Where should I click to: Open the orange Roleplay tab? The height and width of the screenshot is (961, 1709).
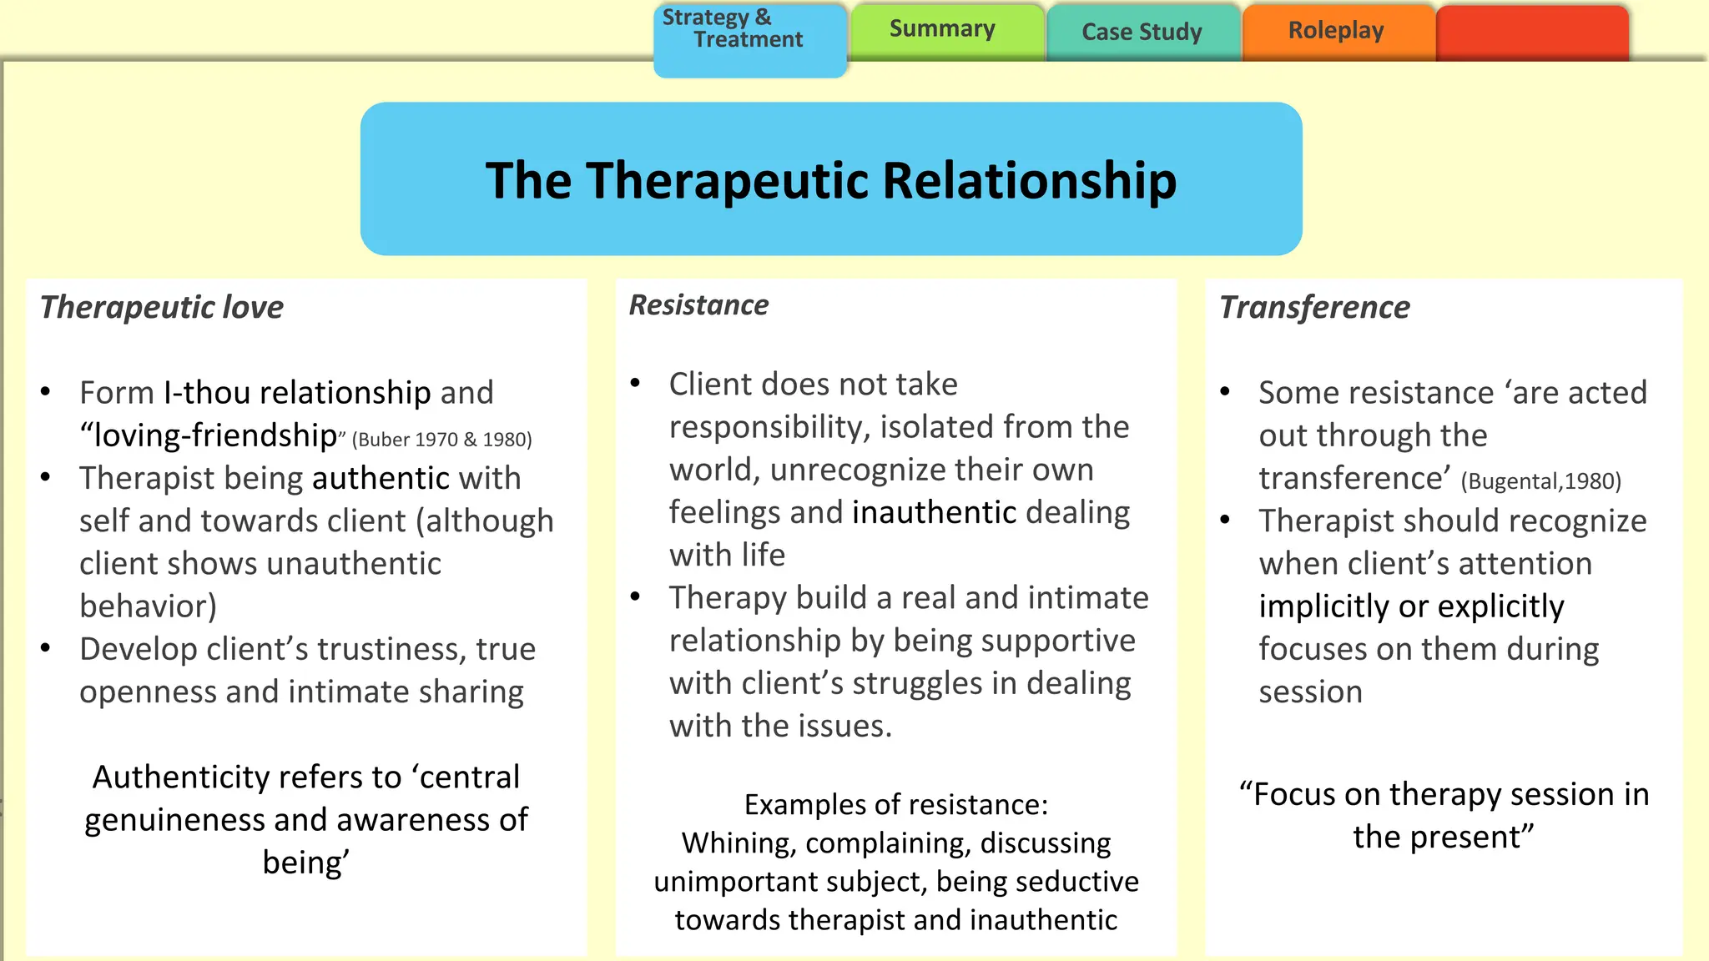pyautogui.click(x=1336, y=32)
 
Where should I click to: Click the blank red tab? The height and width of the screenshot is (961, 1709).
pyautogui.click(x=1532, y=32)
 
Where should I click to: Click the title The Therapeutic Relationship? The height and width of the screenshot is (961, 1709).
pyautogui.click(x=831, y=180)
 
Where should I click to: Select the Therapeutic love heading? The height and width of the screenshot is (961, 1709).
pyautogui.click(x=162, y=308)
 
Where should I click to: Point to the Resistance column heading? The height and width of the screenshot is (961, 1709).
pyautogui.click(x=698, y=305)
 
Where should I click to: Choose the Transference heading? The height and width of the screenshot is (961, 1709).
pyautogui.click(x=1314, y=308)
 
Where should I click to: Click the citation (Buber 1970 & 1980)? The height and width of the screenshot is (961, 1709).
pyautogui.click(x=442, y=440)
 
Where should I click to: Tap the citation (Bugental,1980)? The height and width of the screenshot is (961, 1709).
pyautogui.click(x=1540, y=481)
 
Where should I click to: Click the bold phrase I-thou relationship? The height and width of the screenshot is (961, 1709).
pyautogui.click(x=297, y=393)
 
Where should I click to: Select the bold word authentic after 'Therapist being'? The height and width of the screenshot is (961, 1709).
pyautogui.click(x=381, y=479)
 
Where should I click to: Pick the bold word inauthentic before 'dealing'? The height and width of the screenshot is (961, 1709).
pyautogui.click(x=934, y=513)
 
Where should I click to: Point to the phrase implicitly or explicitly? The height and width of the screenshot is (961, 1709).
pyautogui.click(x=1411, y=607)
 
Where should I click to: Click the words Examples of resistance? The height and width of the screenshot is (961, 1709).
pyautogui.click(x=896, y=805)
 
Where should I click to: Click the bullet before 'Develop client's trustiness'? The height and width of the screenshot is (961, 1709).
pyautogui.click(x=46, y=648)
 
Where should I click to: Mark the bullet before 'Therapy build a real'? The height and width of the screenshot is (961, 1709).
pyautogui.click(x=636, y=596)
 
